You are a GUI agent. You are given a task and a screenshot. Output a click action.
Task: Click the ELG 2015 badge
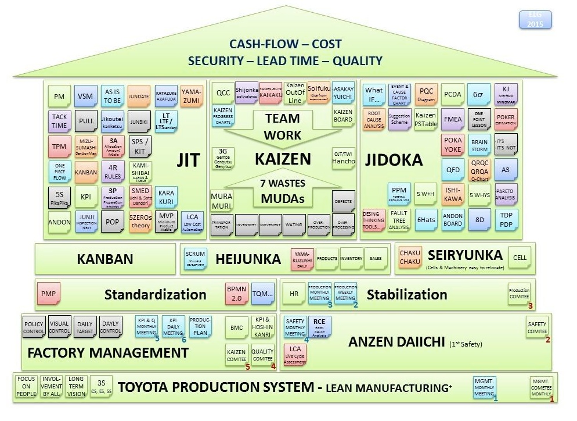535,19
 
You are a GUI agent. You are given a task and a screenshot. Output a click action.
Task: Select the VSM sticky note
85,97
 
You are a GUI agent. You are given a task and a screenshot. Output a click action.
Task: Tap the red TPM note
59,146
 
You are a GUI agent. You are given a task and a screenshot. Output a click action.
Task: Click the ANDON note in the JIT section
59,222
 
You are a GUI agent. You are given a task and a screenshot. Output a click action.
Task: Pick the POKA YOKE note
453,145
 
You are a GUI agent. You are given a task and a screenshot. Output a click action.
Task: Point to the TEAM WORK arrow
283,126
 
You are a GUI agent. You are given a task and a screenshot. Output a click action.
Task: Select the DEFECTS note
344,201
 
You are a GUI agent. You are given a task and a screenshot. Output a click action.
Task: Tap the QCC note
223,93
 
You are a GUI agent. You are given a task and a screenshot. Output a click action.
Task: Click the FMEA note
453,119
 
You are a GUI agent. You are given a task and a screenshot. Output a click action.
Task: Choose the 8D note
479,221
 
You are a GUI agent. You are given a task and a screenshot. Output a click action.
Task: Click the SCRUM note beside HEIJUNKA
196,258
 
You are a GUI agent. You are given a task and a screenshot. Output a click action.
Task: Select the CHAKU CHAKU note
410,258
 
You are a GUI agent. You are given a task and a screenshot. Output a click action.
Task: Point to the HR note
294,294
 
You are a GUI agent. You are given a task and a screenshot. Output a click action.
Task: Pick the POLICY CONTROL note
34,327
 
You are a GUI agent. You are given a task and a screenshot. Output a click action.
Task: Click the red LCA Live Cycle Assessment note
295,354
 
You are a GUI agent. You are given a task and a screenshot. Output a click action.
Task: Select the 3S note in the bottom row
102,386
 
